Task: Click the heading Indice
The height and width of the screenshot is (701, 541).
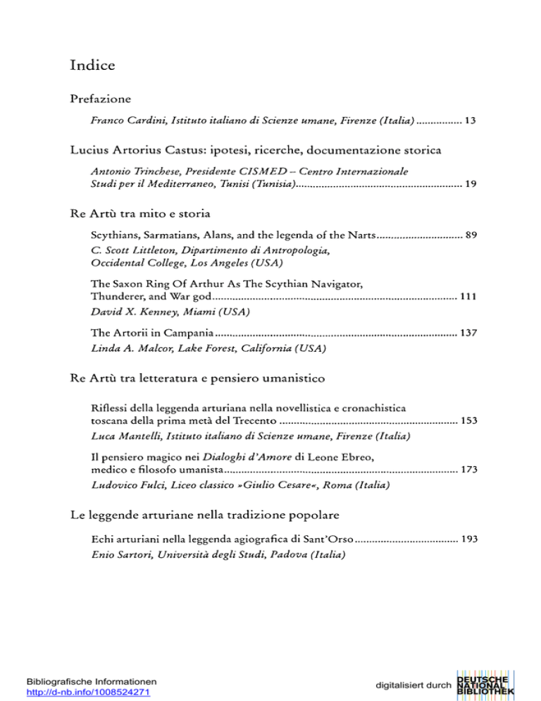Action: [x=92, y=66]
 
